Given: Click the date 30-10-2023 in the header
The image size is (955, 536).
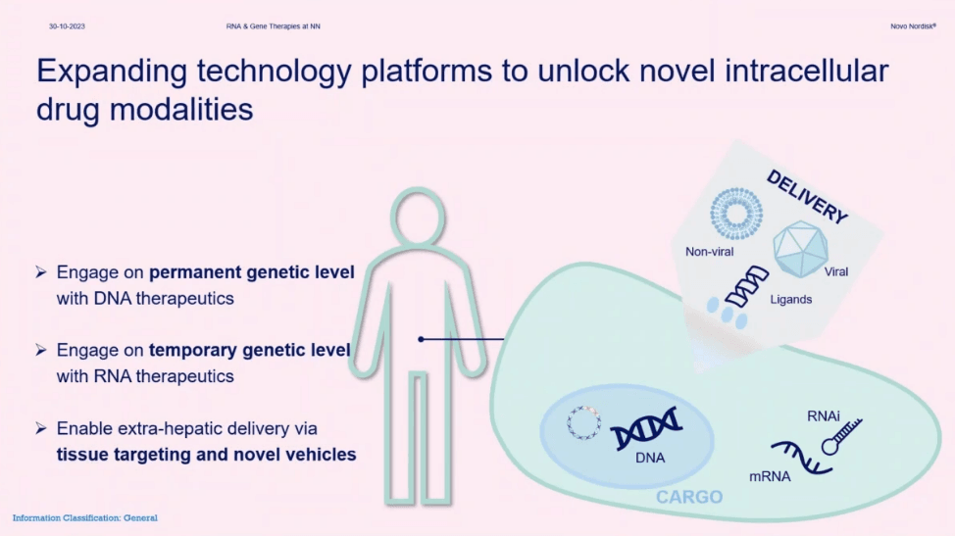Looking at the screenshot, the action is [x=67, y=26].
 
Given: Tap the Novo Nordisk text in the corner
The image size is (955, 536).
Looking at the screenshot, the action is [x=913, y=26].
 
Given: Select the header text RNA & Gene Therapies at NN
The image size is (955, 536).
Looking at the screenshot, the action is [x=273, y=26].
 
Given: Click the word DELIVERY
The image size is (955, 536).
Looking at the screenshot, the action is [x=807, y=197].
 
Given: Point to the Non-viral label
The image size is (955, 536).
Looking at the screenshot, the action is [x=709, y=252].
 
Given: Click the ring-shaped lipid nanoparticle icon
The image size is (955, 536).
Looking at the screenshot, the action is [x=736, y=213].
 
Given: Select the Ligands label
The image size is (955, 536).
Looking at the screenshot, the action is [x=790, y=299].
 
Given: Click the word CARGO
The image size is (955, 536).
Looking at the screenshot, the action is [x=689, y=497].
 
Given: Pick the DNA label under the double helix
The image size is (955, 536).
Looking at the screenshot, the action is [x=650, y=459].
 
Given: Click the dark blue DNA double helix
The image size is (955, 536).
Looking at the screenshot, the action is [x=646, y=427].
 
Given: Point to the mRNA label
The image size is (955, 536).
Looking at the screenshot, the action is [x=770, y=476].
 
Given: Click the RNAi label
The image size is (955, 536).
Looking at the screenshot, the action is [x=824, y=416].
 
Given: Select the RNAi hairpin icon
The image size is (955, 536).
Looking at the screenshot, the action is [x=841, y=436].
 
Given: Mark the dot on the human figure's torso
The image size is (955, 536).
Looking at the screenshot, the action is [x=421, y=339].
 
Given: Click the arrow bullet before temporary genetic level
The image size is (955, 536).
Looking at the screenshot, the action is [x=41, y=350].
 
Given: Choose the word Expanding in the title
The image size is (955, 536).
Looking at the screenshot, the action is [x=112, y=72].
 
